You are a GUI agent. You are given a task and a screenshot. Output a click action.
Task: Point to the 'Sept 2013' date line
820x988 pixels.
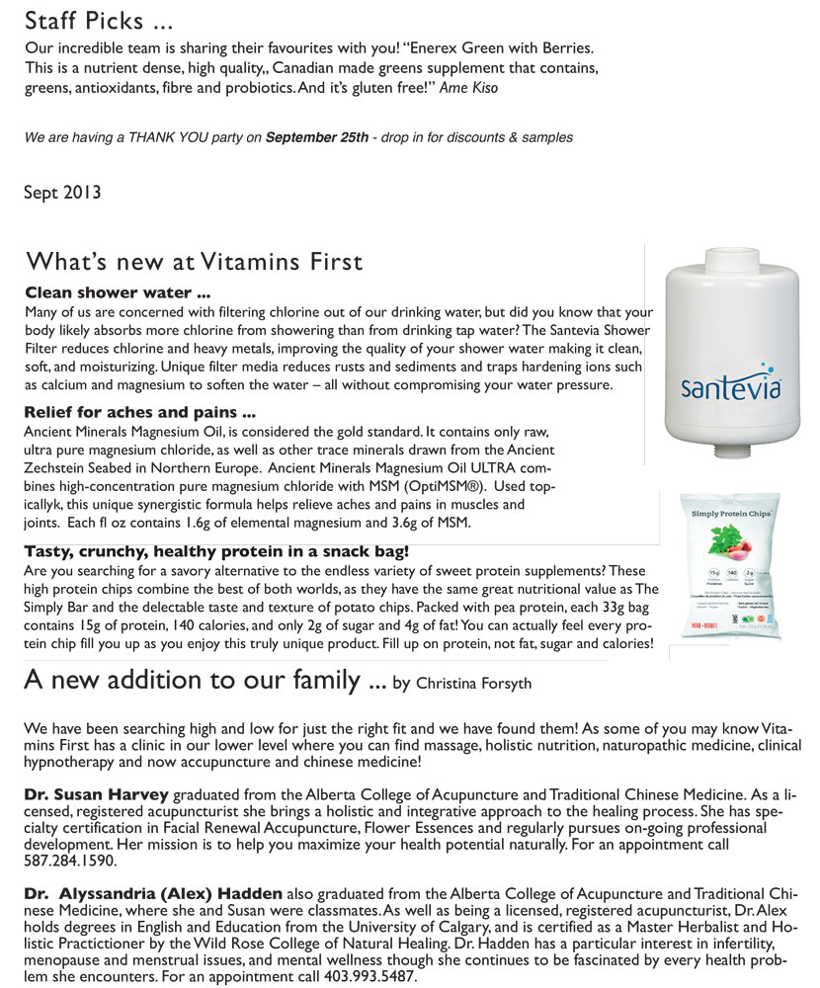(x=62, y=193)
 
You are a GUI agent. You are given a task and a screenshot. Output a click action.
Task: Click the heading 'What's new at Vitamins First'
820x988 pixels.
(x=194, y=262)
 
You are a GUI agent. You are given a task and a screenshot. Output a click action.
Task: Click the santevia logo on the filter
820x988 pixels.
(x=731, y=386)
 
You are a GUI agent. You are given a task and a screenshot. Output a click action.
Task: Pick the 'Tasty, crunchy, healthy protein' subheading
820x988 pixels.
(x=216, y=550)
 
